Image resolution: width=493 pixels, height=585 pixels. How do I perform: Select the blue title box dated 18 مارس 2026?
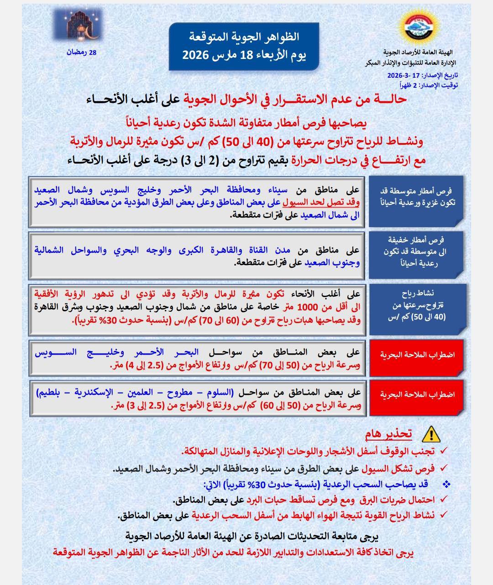(244, 47)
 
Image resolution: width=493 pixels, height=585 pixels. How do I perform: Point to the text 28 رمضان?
(82, 53)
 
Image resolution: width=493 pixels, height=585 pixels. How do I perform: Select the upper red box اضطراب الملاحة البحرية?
(417, 355)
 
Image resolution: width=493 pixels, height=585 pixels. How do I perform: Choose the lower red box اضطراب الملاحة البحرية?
(417, 394)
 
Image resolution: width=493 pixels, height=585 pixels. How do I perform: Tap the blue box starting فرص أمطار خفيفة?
(417, 252)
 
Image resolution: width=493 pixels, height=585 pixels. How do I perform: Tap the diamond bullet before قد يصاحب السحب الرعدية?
(446, 484)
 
